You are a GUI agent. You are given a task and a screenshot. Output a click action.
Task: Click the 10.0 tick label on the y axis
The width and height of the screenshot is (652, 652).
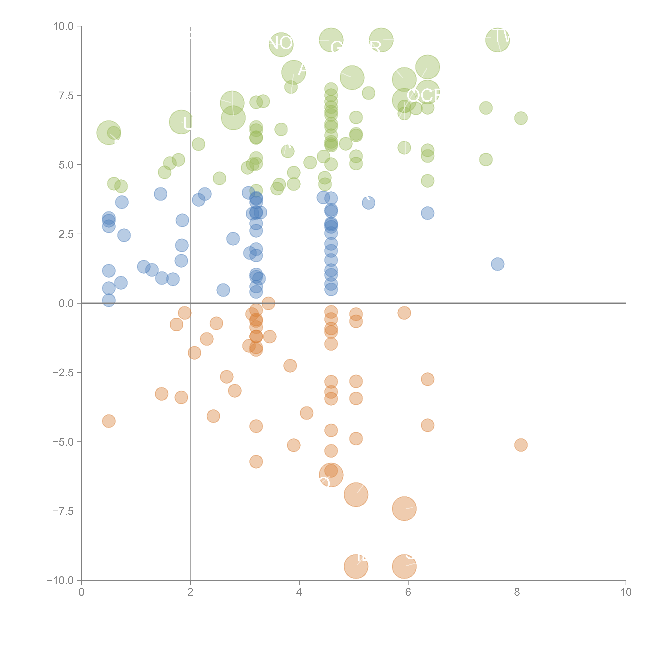pyautogui.click(x=64, y=26)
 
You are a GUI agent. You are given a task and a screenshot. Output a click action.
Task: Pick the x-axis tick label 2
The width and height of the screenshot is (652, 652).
pyautogui.click(x=190, y=592)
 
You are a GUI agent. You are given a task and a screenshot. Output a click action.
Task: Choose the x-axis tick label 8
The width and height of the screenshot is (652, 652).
pyautogui.click(x=517, y=592)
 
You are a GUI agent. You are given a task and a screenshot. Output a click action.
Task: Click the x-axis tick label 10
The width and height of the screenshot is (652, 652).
pyautogui.click(x=626, y=592)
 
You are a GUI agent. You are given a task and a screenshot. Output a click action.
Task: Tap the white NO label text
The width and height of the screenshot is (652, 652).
pyautogui.click(x=281, y=43)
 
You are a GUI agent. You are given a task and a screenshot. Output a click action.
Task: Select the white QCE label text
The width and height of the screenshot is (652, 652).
pyautogui.click(x=424, y=95)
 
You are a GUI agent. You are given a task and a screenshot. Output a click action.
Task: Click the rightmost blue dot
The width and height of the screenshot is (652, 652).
pyautogui.click(x=497, y=264)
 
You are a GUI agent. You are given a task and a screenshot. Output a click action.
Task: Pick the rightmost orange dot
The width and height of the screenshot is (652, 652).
pyautogui.click(x=521, y=445)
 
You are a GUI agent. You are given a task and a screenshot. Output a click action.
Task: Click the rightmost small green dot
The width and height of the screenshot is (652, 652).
pyautogui.click(x=521, y=118)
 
